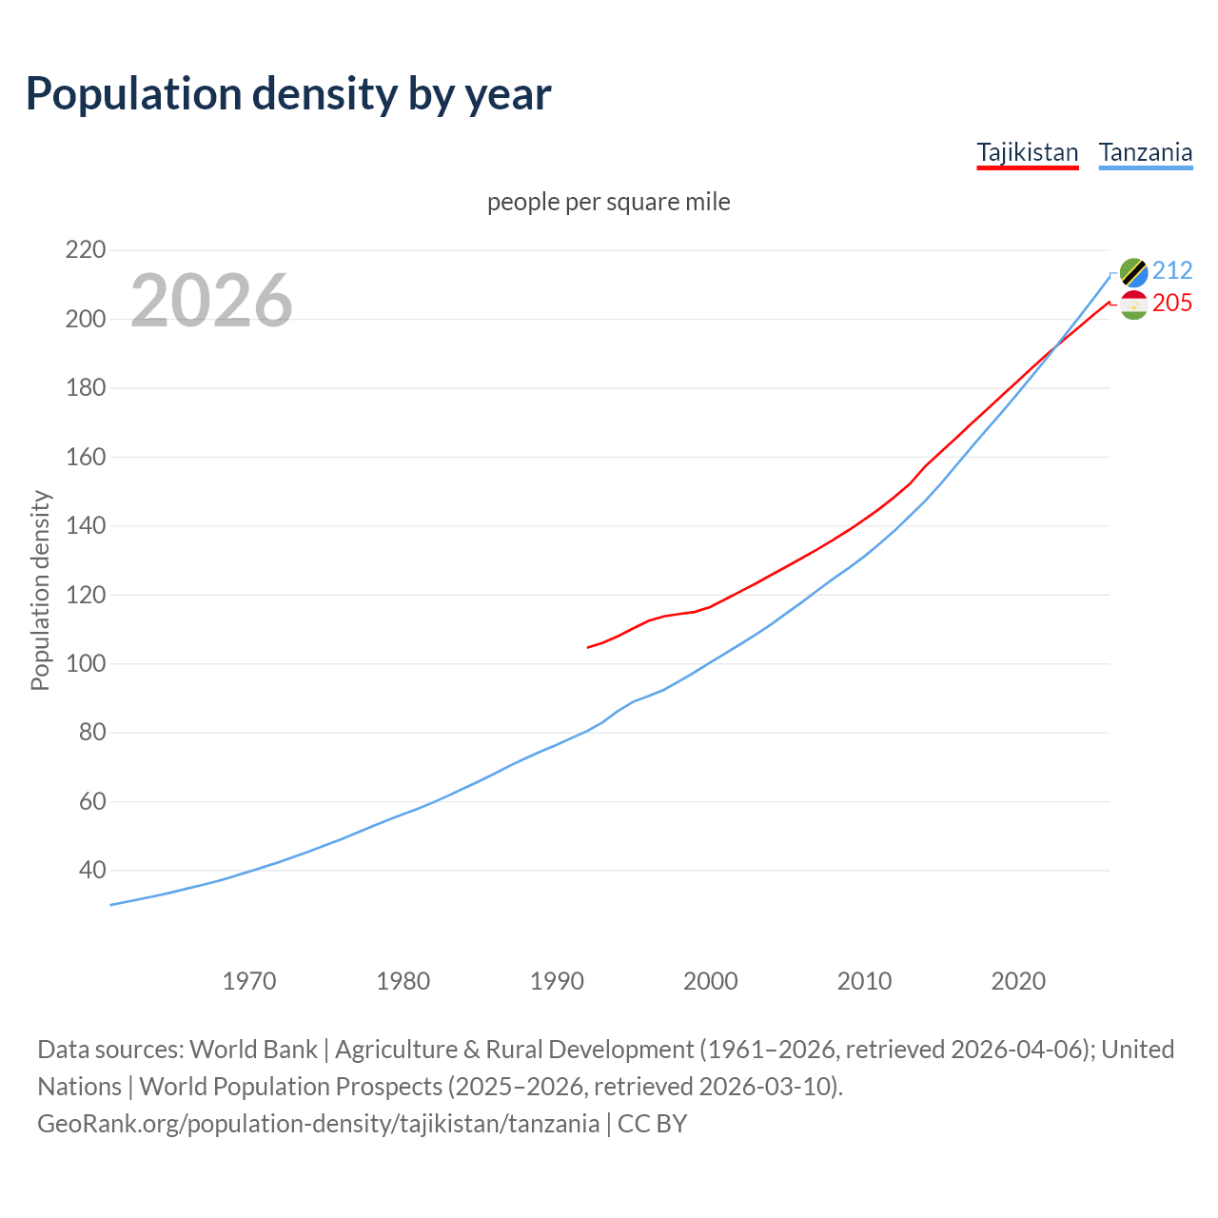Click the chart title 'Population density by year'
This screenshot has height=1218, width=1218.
coord(288,94)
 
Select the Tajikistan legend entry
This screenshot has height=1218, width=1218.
coord(1027,153)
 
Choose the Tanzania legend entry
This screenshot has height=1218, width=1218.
coord(1145,153)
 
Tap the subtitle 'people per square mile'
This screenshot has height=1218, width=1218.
coord(608,203)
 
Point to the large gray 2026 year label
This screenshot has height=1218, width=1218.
coord(211,301)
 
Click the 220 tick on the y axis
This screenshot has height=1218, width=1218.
coord(85,250)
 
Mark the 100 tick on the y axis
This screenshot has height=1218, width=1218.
coord(85,663)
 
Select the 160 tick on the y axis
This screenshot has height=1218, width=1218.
coord(85,457)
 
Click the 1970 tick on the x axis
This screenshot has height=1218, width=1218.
coord(249,981)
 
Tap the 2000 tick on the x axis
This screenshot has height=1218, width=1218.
coord(710,981)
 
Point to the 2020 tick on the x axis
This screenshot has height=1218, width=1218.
coord(1017,981)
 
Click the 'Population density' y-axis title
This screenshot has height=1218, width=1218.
coord(40,590)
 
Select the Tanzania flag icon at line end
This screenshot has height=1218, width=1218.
coord(1133,272)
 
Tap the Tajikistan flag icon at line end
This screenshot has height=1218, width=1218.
coord(1133,304)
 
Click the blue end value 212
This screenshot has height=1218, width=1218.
coord(1172,271)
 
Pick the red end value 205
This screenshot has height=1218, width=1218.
coord(1172,304)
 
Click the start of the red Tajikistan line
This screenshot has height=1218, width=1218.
coord(588,647)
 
